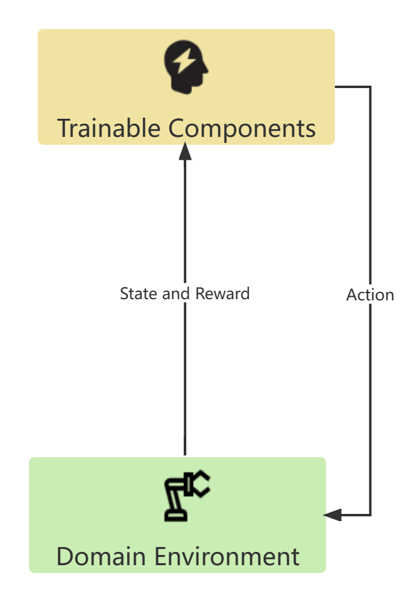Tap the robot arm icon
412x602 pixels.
click(x=186, y=496)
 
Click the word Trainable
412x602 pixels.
click(x=109, y=128)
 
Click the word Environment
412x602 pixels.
click(x=227, y=556)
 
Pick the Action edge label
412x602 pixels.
click(x=370, y=294)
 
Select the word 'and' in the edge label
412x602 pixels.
click(x=177, y=294)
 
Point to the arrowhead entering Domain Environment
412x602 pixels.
click(x=332, y=515)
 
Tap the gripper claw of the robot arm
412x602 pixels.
click(x=199, y=484)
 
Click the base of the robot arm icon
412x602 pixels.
click(x=176, y=516)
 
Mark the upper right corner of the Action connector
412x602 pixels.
click(x=370, y=87)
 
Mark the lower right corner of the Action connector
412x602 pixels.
click(x=370, y=515)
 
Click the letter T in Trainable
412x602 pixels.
click(x=65, y=128)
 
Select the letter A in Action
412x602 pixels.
click(x=352, y=294)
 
